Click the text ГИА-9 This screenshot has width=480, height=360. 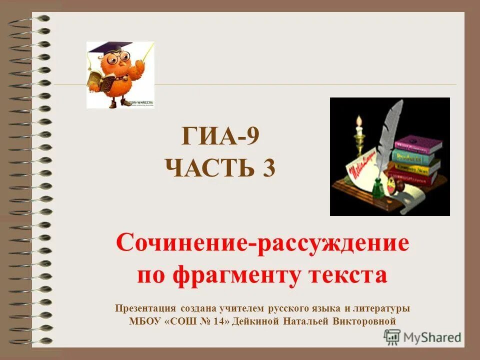point(220,136)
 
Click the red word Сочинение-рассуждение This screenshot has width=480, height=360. point(262,243)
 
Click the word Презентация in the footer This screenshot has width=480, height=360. point(145,308)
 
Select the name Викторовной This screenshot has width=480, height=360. point(369,321)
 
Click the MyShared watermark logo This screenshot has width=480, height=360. point(422,337)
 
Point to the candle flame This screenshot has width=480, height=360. point(358,120)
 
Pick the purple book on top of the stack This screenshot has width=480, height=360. point(418,144)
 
